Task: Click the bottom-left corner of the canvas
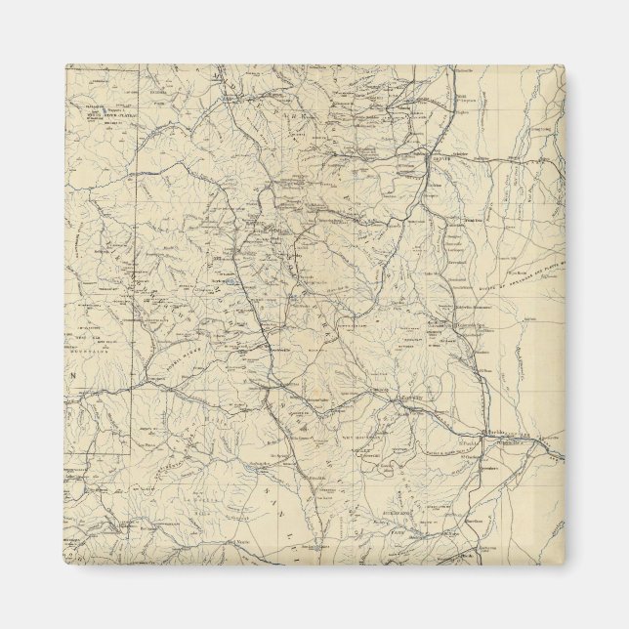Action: click(65, 564)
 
